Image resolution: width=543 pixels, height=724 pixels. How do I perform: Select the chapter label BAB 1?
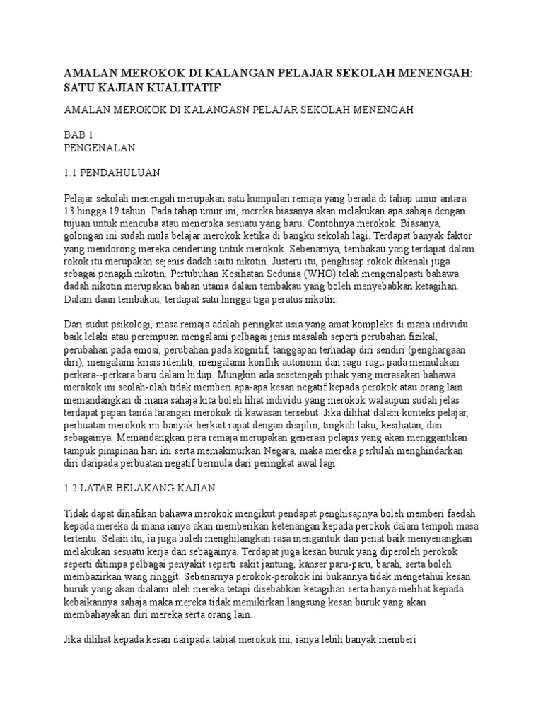point(78,134)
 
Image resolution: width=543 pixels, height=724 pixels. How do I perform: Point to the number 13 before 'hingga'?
point(70,211)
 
